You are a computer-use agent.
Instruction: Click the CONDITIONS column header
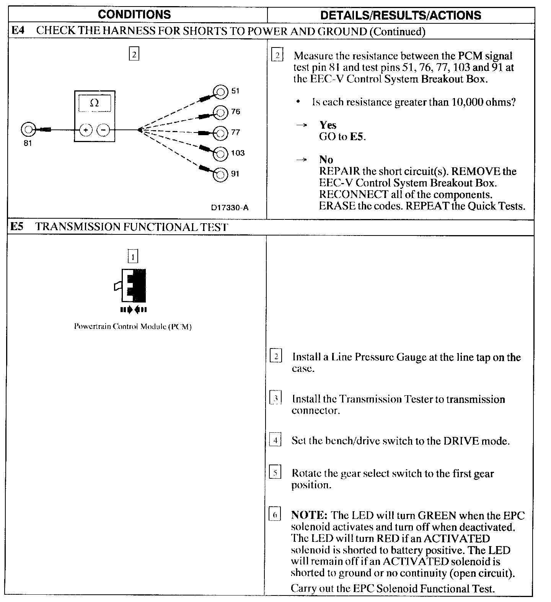point(134,15)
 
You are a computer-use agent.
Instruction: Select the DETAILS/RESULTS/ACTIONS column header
point(401,15)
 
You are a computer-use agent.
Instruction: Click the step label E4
point(18,31)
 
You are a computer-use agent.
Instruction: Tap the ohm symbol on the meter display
point(94,103)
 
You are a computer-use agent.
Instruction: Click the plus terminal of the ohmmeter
point(86,130)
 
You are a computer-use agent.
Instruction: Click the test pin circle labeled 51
point(220,92)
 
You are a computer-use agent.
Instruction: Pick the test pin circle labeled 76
point(220,112)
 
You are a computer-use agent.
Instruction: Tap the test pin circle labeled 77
point(220,133)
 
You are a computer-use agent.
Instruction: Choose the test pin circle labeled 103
point(220,154)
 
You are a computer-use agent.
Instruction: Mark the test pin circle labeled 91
point(220,174)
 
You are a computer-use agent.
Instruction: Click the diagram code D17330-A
point(230,208)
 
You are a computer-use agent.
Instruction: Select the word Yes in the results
point(328,125)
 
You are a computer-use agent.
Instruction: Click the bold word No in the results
point(326,160)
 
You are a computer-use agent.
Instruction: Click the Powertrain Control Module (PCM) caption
point(132,327)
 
